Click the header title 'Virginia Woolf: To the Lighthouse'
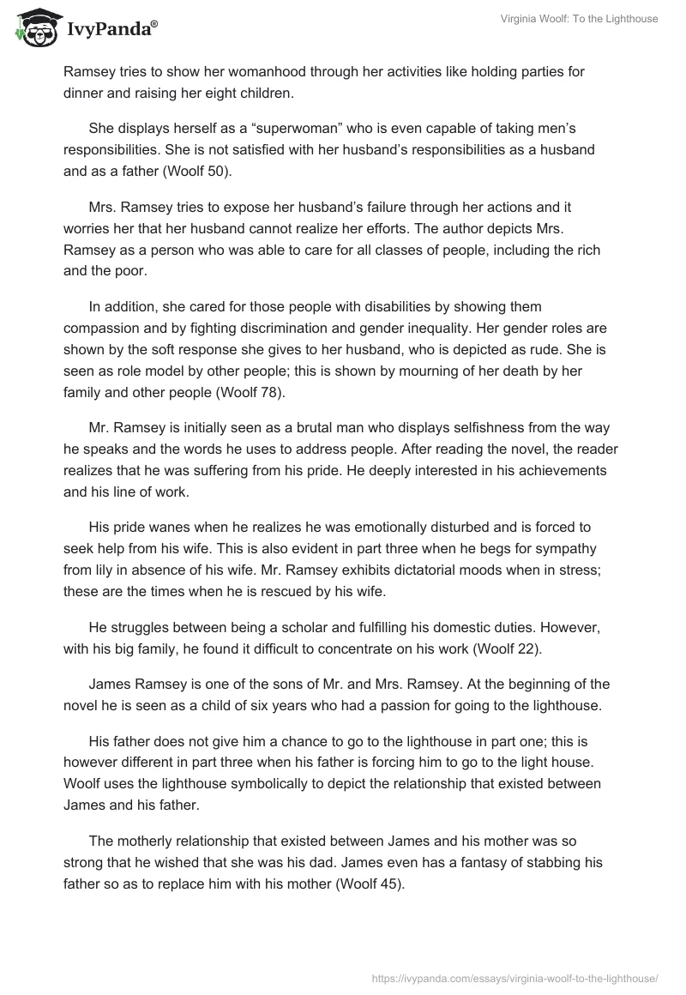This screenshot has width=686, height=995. [x=580, y=19]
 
